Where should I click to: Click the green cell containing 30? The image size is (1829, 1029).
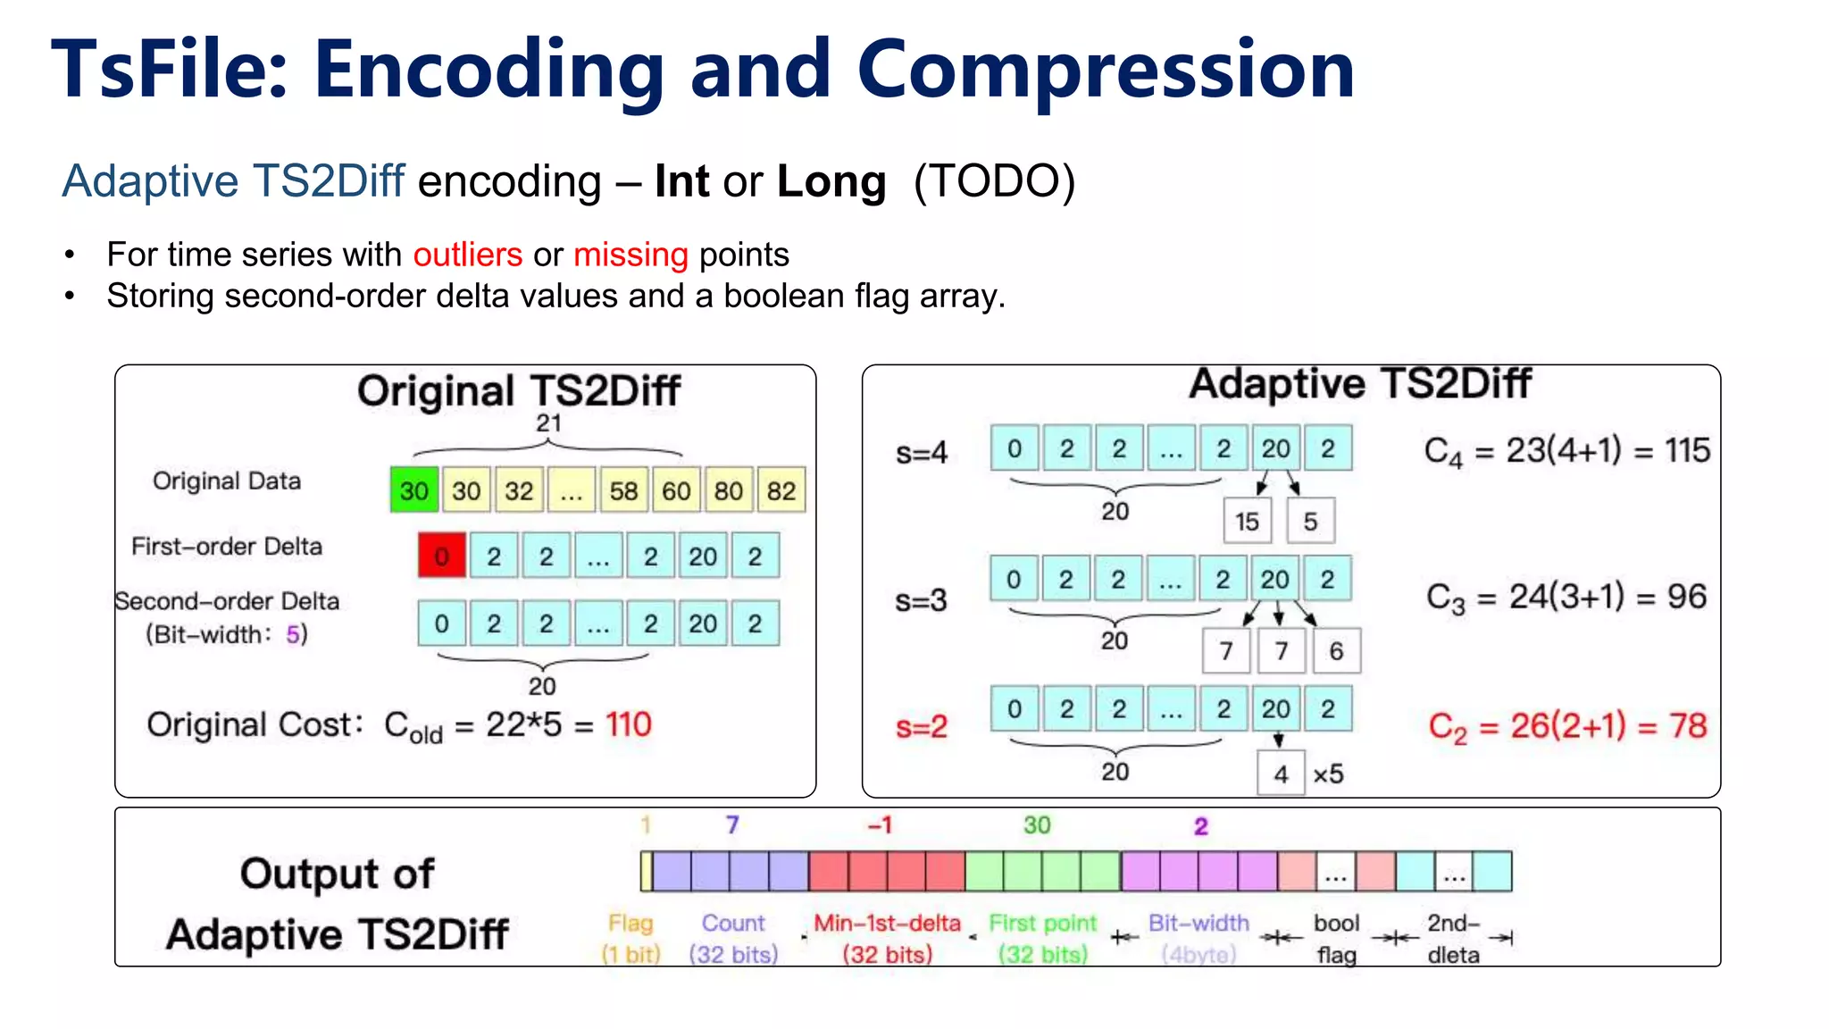pos(413,489)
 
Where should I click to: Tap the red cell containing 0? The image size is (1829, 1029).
pos(441,556)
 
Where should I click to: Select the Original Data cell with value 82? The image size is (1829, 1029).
pos(781,489)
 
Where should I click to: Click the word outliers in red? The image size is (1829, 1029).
pos(467,255)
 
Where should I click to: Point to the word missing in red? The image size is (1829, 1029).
pos(631,255)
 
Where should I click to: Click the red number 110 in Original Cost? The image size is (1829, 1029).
pos(629,724)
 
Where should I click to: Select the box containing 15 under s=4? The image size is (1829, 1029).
pos(1247,521)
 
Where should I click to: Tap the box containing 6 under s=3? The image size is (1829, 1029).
pos(1336,651)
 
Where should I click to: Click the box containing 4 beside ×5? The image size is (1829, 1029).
pos(1281,774)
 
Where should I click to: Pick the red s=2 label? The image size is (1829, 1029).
pos(921,726)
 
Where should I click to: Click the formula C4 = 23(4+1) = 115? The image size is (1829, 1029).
pos(1566,450)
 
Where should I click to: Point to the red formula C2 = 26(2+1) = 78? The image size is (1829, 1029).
pos(1566,726)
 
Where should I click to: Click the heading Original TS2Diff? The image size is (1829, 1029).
pos(518,390)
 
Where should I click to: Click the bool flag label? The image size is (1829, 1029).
pos(1336,938)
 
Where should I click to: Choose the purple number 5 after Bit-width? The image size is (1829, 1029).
pos(292,634)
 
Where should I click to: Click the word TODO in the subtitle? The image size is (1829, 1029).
pos(994,181)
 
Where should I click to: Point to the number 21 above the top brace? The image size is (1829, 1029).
pos(547,423)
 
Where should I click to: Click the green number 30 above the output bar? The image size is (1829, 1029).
pos(1036,824)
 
